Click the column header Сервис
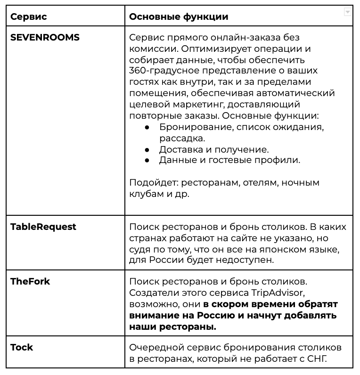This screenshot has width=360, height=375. tap(28, 16)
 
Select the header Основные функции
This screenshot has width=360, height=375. tap(179, 16)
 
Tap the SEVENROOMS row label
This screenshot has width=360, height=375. tap(45, 38)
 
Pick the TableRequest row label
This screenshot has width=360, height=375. tap(43, 227)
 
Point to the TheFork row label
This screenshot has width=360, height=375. tap(30, 281)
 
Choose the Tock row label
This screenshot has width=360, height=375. tap(22, 347)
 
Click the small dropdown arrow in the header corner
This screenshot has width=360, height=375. tap(348, 12)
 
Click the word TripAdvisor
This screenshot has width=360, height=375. tap(285, 293)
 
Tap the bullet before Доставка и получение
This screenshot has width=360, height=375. tap(147, 150)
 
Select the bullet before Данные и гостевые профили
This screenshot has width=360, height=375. tap(147, 161)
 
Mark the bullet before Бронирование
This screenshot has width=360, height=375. tap(147, 128)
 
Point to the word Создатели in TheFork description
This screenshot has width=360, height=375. tap(152, 293)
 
